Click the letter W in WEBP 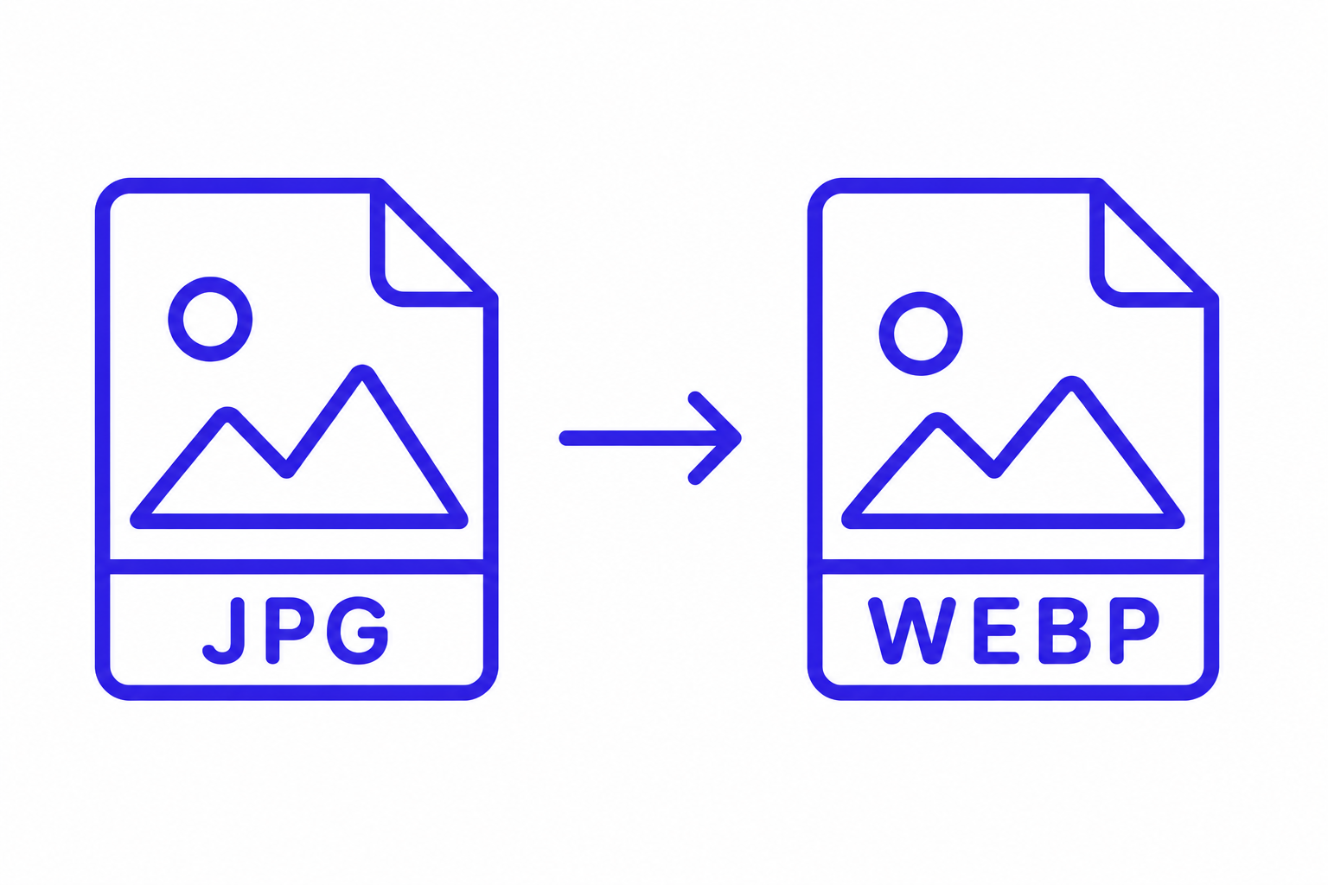click(x=912, y=631)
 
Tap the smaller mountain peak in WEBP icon click(x=937, y=420)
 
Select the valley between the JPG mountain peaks click(x=286, y=471)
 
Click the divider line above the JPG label click(x=297, y=567)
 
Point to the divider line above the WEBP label click(x=1013, y=567)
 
